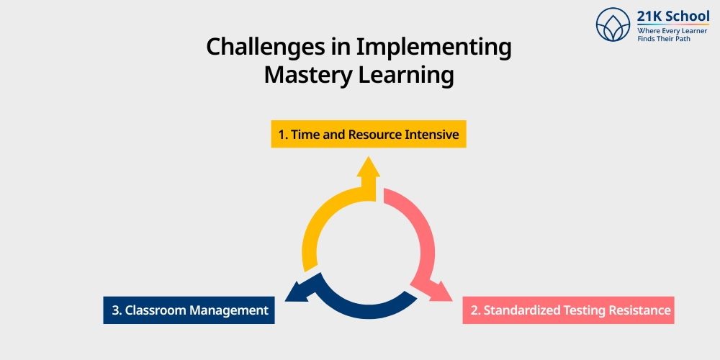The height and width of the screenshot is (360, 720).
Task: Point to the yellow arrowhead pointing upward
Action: (x=368, y=171)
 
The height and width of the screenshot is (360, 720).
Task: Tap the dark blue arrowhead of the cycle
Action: (x=296, y=291)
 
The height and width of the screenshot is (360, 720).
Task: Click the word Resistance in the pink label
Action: (x=639, y=310)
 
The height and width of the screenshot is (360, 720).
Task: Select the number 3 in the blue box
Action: (x=115, y=310)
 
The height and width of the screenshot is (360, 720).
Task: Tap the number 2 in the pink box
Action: (x=474, y=310)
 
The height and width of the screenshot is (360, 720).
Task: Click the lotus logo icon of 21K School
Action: (x=613, y=24)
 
